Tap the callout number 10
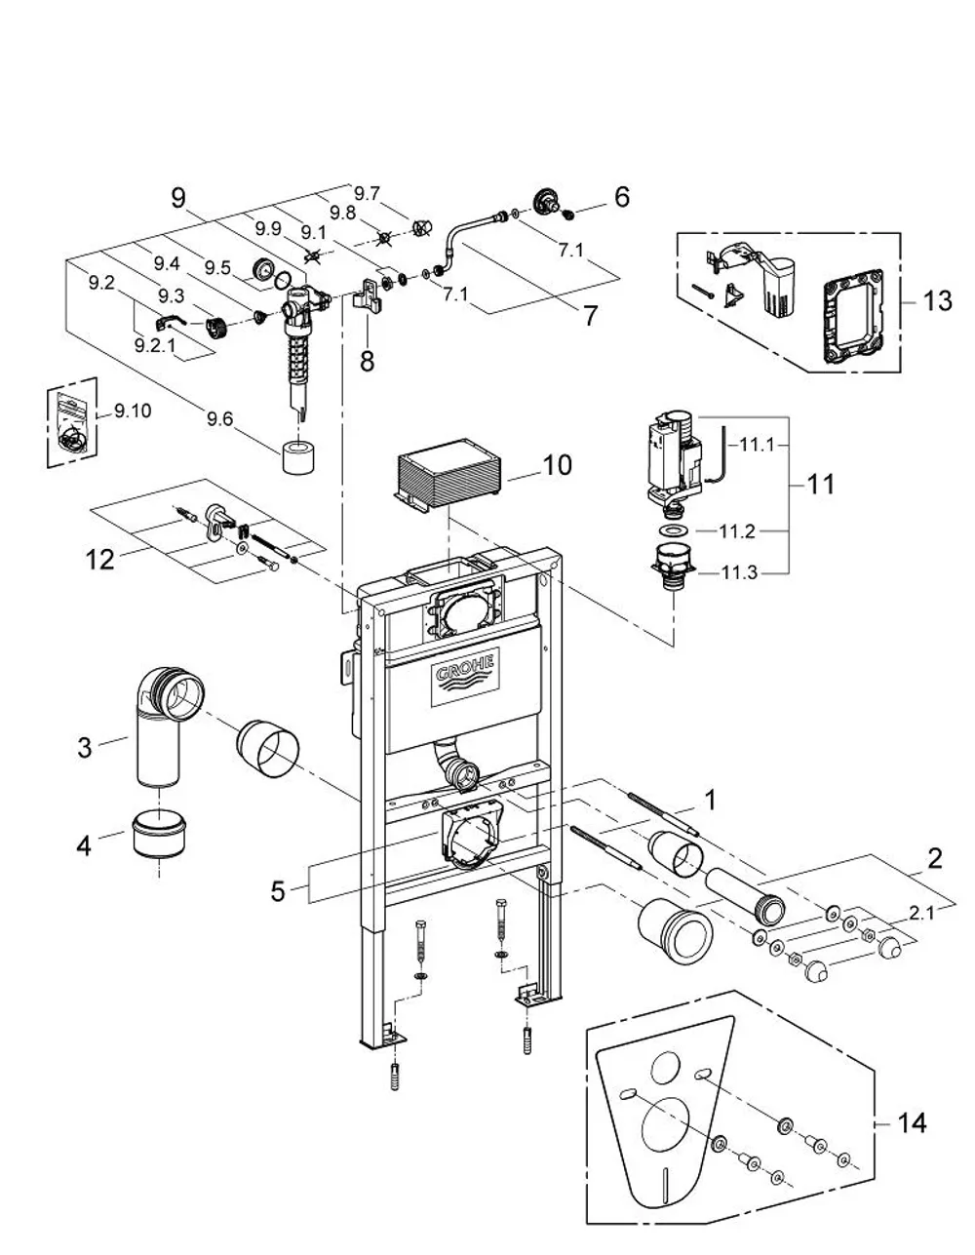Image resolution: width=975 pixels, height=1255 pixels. (557, 465)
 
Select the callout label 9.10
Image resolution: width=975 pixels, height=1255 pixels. (133, 412)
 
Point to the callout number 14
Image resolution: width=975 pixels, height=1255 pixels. (912, 1123)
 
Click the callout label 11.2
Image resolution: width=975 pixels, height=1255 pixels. (737, 531)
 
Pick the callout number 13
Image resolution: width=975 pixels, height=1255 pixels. (937, 300)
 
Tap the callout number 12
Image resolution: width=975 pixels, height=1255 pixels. (99, 561)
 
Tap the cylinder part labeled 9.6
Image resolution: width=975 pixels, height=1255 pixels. (298, 456)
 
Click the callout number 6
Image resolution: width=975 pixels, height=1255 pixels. (622, 197)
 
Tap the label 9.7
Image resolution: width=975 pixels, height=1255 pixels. (368, 193)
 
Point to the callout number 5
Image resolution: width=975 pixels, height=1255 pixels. (278, 891)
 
